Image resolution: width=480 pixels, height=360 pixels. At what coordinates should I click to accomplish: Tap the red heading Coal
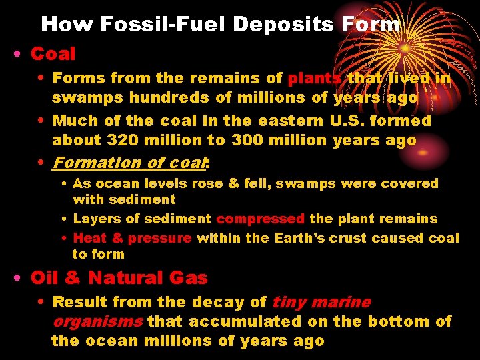pyautogui.click(x=53, y=53)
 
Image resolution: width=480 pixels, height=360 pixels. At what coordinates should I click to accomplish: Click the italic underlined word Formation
pyautogui.click(x=96, y=163)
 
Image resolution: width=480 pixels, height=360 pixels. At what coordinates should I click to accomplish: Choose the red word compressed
pyautogui.click(x=261, y=219)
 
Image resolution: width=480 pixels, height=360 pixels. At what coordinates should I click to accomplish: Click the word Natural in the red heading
pyautogui.click(x=128, y=278)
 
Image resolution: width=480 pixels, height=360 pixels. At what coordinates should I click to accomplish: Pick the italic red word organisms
pyautogui.click(x=97, y=321)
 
